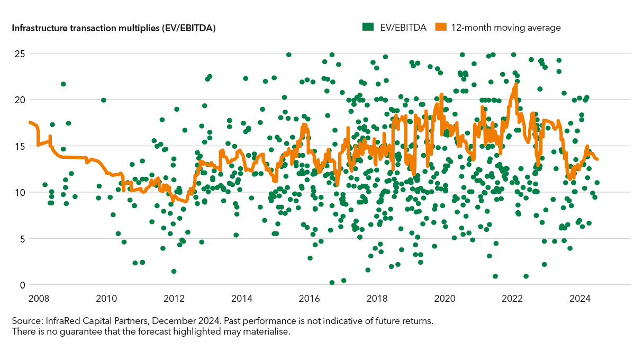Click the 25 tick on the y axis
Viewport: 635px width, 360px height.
pyautogui.click(x=19, y=53)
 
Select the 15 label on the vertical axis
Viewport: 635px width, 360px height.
pyautogui.click(x=19, y=146)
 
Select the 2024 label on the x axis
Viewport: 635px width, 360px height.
pyautogui.click(x=580, y=298)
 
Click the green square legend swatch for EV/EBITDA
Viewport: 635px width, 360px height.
pyautogui.click(x=366, y=26)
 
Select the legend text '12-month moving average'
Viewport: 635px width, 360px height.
pyautogui.click(x=505, y=27)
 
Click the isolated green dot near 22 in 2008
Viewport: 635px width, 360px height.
pyautogui.click(x=63, y=84)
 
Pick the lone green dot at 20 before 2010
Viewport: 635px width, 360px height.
pyautogui.click(x=104, y=100)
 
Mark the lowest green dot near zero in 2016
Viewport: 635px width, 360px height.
pyautogui.click(x=332, y=283)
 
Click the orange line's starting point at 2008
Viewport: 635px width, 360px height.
pyautogui.click(x=30, y=122)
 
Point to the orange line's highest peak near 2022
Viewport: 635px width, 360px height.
pyautogui.click(x=515, y=85)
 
